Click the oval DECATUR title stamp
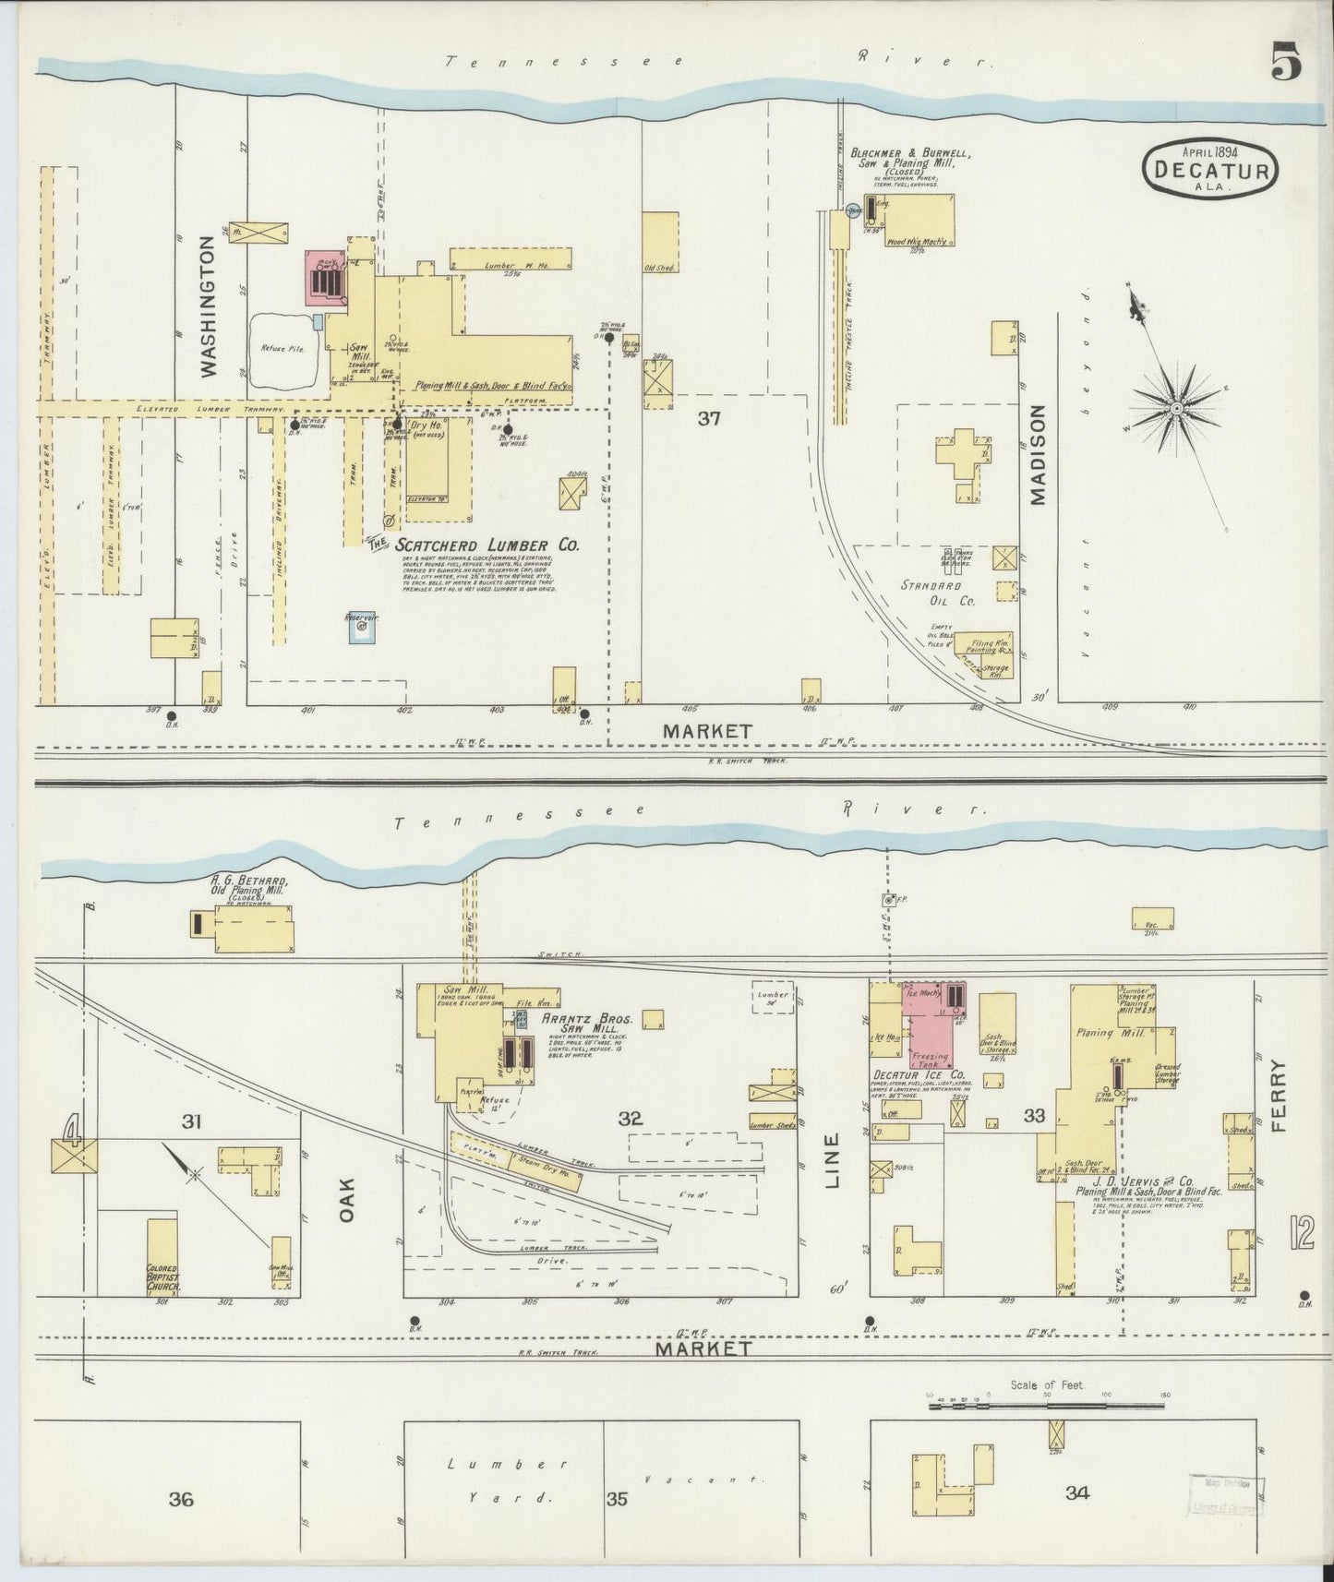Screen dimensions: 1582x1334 1212,169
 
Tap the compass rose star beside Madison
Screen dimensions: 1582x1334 1177,407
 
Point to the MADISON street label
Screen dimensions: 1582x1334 1038,455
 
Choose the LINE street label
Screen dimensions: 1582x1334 832,1160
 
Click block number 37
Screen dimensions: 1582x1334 708,419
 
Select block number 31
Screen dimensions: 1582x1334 191,1121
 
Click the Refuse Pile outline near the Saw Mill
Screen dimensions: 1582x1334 284,349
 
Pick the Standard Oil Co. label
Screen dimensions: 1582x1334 938,593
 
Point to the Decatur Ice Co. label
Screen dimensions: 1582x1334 919,1075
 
